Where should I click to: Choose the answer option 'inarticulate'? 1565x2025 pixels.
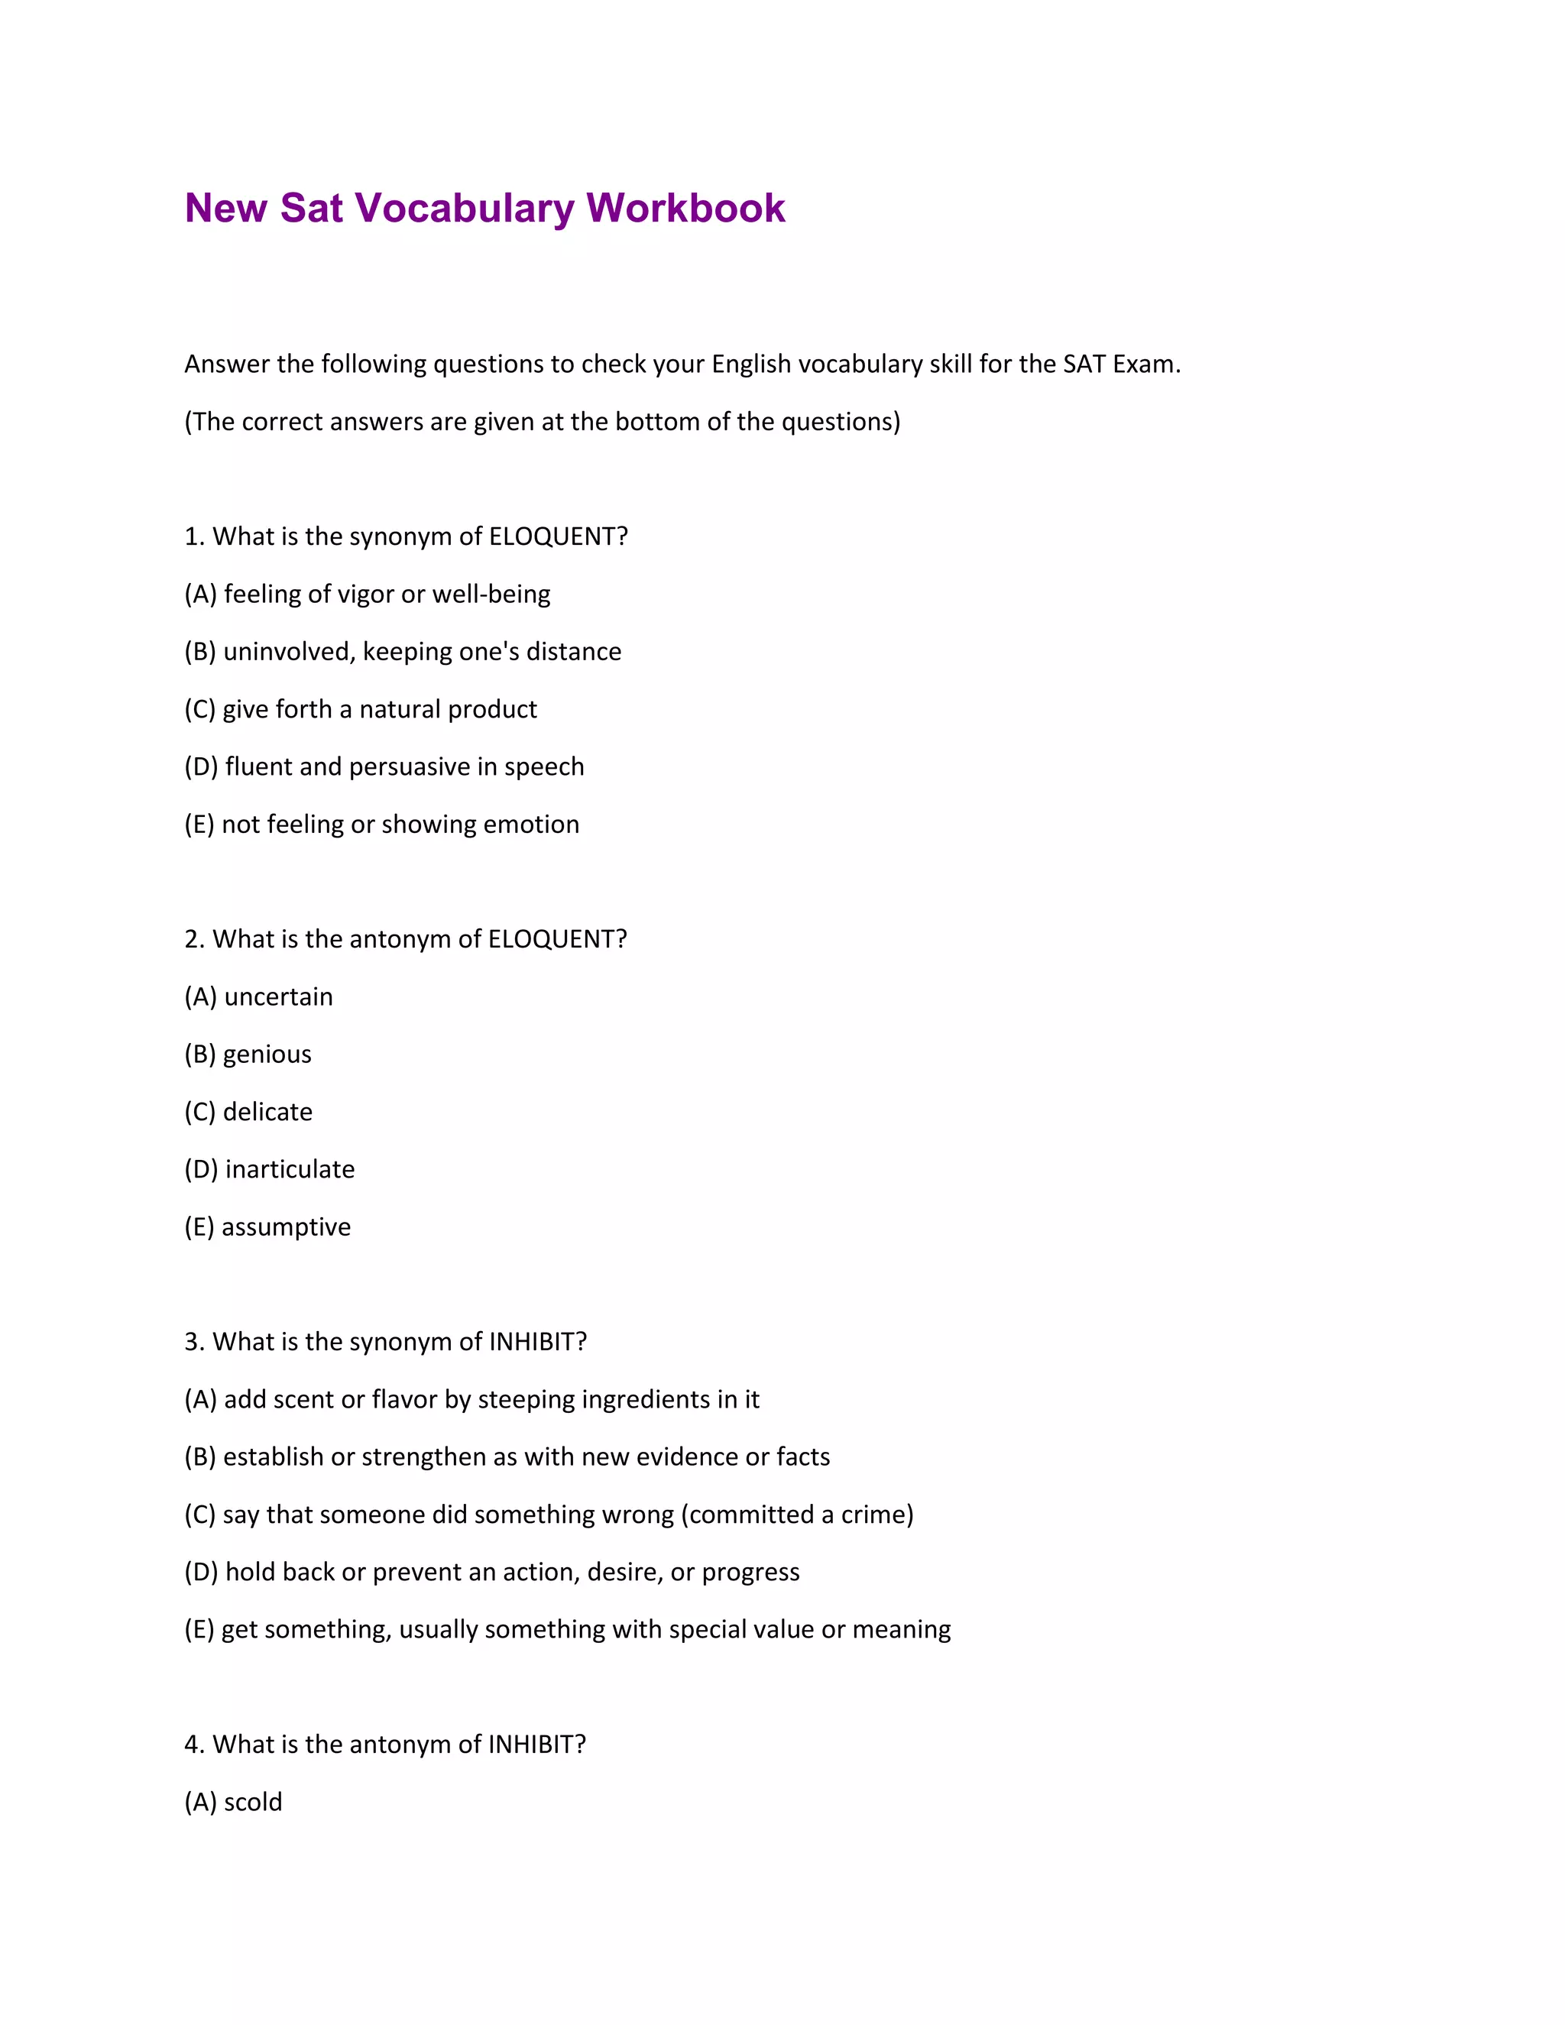(x=290, y=1169)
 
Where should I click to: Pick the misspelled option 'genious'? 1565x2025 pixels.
(x=267, y=1055)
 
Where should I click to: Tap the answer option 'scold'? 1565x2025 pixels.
(x=252, y=1802)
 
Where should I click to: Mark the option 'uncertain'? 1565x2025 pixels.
(x=278, y=996)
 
